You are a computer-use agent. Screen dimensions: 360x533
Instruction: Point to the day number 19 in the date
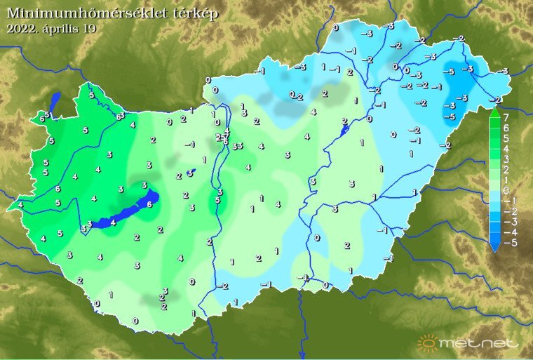coord(88,29)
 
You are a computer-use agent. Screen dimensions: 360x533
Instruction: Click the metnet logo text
coord(479,344)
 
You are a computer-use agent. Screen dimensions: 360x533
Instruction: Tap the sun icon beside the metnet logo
coord(427,342)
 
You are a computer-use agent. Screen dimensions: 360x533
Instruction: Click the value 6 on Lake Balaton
coord(149,204)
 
